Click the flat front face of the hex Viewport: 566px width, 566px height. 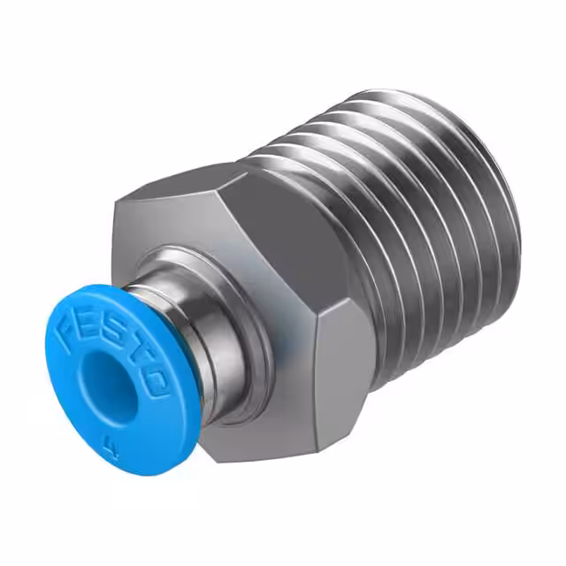[177, 230]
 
